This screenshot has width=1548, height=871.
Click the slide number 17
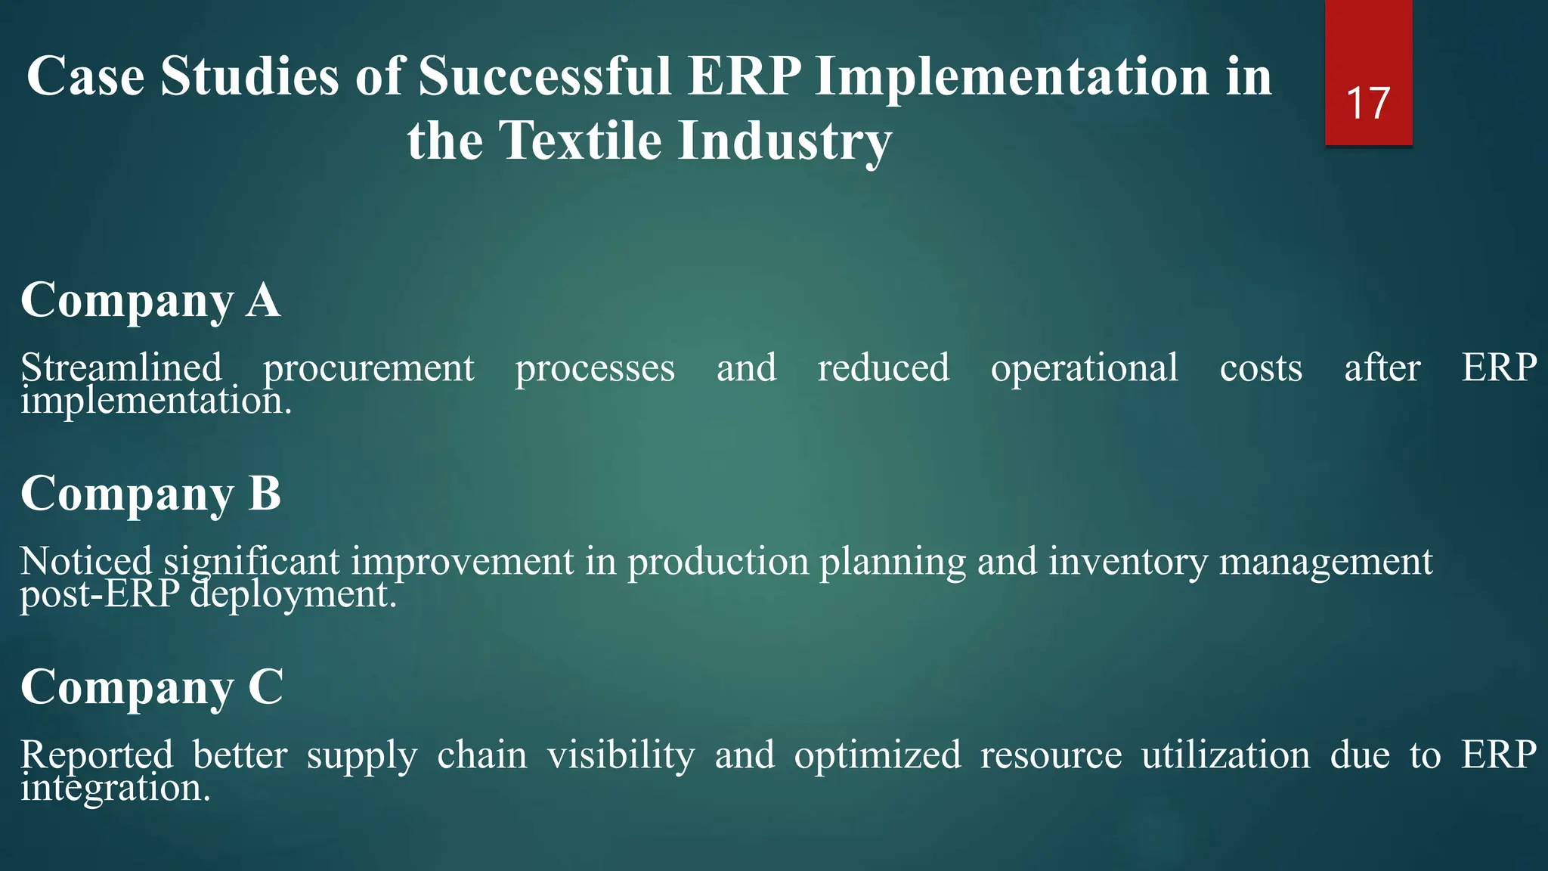[1368, 104]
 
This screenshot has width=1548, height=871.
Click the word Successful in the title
[544, 76]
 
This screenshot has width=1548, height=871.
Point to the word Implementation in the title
[1013, 76]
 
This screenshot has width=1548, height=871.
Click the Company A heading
[150, 300]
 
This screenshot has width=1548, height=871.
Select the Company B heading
[150, 494]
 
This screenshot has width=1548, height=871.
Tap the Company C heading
[151, 687]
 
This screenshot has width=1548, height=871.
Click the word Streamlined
[121, 368]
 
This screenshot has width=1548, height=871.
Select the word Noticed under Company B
[86, 562]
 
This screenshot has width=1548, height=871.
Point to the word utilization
[1225, 755]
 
